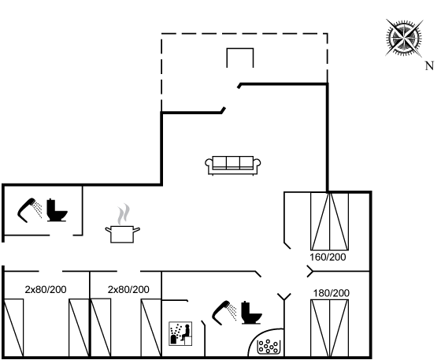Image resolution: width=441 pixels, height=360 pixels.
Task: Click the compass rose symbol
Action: (x=405, y=37)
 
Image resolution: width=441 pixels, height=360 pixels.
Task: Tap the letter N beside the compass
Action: (x=429, y=66)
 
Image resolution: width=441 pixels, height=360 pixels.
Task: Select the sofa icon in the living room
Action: (x=233, y=165)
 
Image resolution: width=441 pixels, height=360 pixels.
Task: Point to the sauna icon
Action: (x=180, y=333)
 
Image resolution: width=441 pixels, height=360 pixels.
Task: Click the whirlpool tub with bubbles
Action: (x=269, y=347)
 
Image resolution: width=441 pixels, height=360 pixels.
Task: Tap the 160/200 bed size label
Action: (x=328, y=257)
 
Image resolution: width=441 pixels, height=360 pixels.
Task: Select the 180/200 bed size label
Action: (x=332, y=293)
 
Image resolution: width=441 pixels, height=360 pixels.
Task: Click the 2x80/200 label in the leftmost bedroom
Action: (x=46, y=289)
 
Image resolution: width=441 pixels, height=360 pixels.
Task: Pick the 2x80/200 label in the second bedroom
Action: (x=128, y=289)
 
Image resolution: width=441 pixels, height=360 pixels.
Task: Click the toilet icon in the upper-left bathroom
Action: (x=57, y=210)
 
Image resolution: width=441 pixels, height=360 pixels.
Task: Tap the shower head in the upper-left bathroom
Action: (x=29, y=210)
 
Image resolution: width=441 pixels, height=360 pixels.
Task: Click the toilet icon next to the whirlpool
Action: (x=251, y=313)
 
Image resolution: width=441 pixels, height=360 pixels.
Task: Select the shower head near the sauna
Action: (x=224, y=313)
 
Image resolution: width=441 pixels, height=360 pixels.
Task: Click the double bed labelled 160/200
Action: (x=330, y=221)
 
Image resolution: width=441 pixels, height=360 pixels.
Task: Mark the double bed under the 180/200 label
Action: (x=330, y=328)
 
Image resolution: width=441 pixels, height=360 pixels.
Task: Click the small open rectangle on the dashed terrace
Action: (x=240, y=58)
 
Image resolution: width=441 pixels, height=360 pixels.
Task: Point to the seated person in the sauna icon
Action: (x=186, y=332)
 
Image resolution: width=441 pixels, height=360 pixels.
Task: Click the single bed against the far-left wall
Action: (x=13, y=328)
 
